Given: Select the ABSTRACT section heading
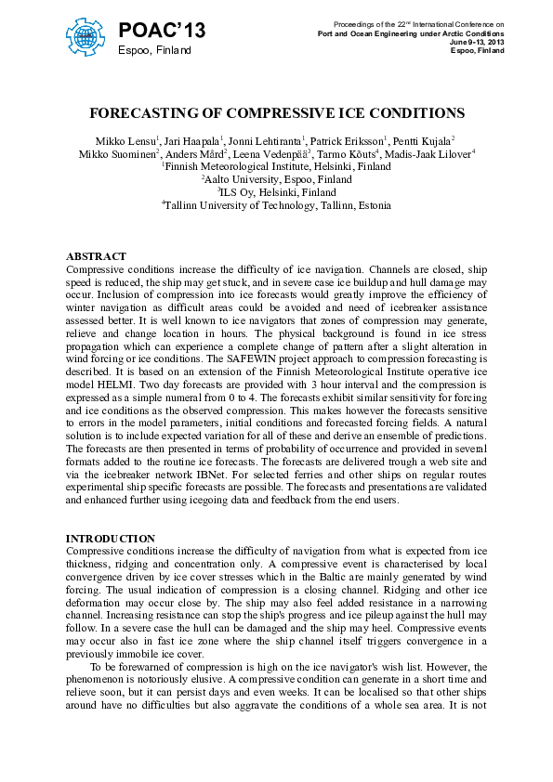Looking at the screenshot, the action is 97,256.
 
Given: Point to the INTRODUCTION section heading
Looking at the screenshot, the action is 111,539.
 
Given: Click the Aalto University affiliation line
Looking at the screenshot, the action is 277,179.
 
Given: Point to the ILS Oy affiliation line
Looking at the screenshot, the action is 277,192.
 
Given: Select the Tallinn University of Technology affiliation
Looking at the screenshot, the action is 277,205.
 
